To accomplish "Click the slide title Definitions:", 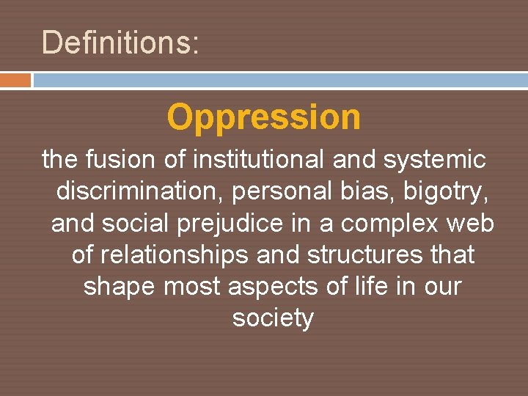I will (x=120, y=43).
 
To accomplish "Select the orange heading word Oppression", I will (x=263, y=117).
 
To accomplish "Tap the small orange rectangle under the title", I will (x=15, y=80).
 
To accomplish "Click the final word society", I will (x=273, y=319).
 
